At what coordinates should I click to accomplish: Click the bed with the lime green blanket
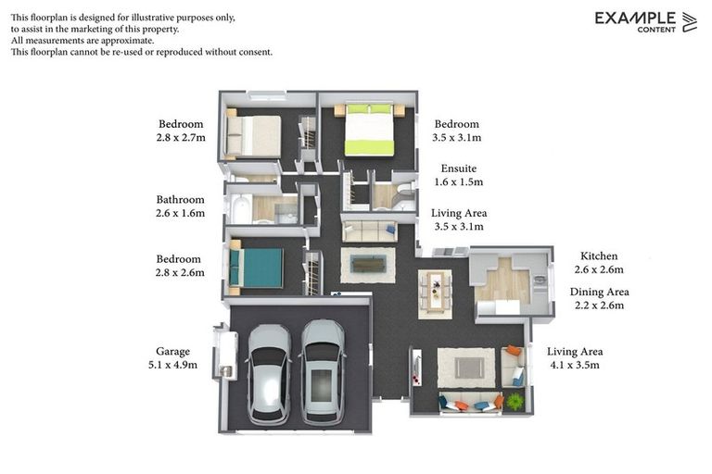369,131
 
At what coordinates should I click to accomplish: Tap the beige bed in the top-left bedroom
254,135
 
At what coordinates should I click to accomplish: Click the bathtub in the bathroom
240,209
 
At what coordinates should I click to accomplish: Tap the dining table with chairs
434,293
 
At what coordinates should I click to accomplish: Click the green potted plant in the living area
515,401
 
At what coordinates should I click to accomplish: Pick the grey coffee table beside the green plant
468,368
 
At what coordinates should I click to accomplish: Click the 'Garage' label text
172,351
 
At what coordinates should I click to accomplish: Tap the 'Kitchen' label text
598,256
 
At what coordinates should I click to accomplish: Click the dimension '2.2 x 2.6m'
598,305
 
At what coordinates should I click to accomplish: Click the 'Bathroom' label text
180,199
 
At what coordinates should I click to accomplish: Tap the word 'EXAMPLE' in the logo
635,18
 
